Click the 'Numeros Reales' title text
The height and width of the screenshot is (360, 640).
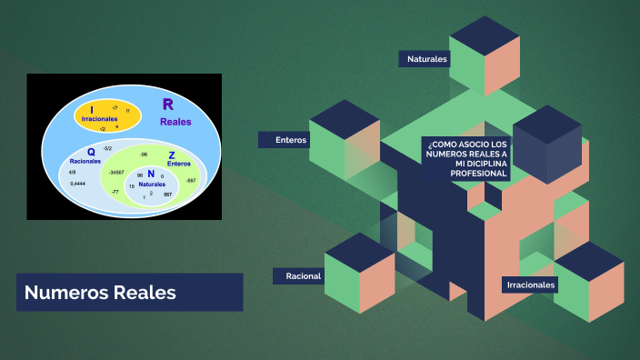(x=100, y=293)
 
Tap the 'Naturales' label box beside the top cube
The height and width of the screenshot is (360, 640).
(x=426, y=59)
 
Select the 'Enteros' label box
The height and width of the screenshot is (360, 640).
(x=292, y=140)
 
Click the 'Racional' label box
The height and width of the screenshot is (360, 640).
(x=303, y=275)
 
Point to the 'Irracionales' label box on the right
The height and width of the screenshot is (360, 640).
(x=531, y=285)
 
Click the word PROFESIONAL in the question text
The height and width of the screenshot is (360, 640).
(x=451, y=173)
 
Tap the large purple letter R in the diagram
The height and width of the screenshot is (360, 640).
(x=168, y=105)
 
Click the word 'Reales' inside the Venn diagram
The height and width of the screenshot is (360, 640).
(x=175, y=121)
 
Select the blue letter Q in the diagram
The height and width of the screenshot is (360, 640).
(x=91, y=151)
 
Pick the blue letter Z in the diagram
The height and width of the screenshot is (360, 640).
(x=172, y=155)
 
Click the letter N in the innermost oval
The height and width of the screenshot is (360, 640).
(x=151, y=174)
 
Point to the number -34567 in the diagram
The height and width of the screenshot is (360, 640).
(x=115, y=172)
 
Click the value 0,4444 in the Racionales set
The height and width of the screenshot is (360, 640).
(x=78, y=184)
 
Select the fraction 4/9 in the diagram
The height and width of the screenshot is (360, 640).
(x=73, y=171)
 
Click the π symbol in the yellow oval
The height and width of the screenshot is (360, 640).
(x=128, y=111)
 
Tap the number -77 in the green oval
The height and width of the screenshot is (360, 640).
(x=115, y=192)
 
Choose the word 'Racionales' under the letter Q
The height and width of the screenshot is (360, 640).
(x=85, y=161)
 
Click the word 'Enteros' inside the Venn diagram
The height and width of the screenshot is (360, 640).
(x=178, y=164)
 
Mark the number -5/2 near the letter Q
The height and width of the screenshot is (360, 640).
(x=107, y=148)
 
